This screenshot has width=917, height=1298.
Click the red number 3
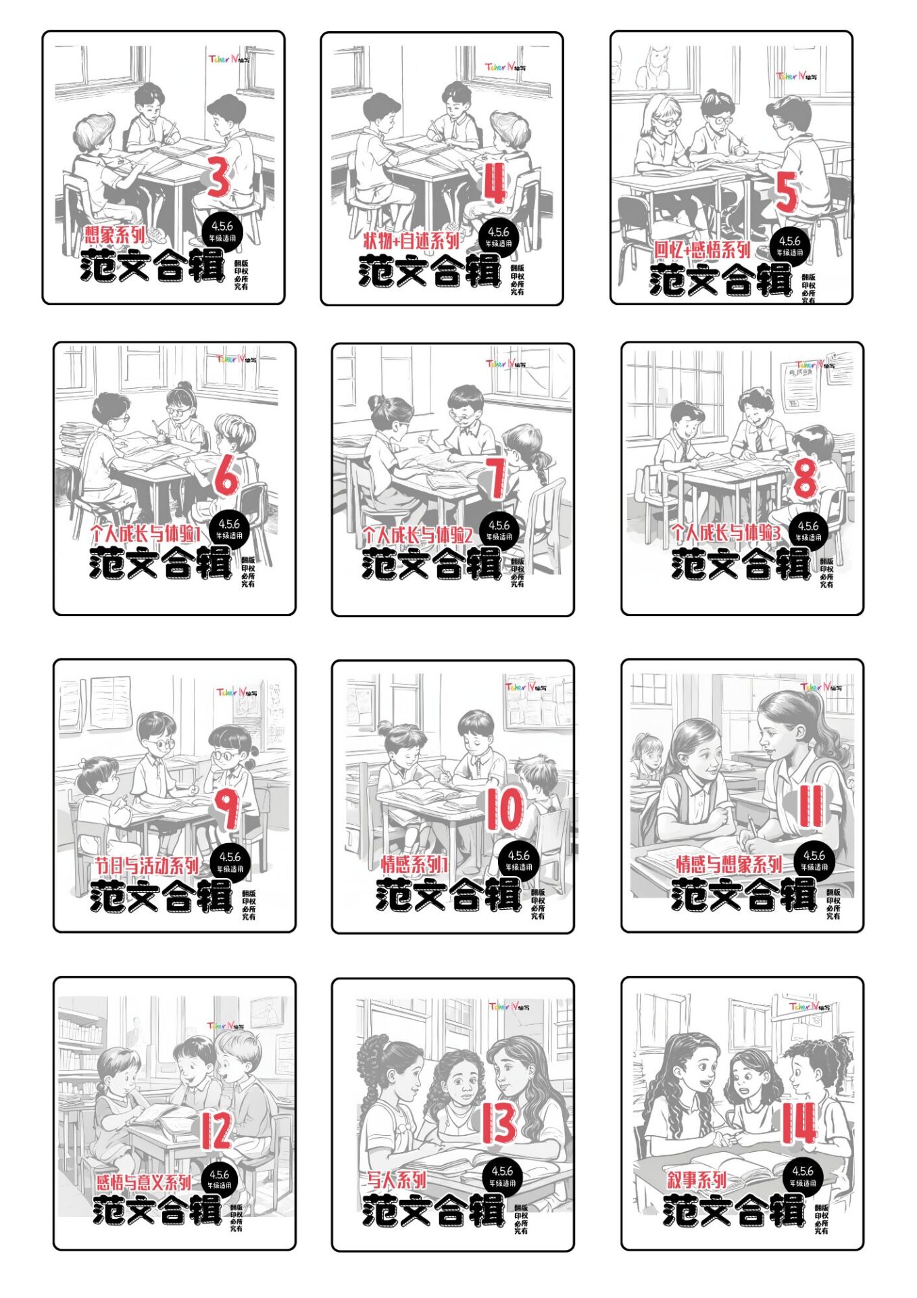click(x=219, y=177)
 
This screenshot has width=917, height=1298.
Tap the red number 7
click(x=496, y=478)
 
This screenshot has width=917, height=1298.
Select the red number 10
click(x=505, y=809)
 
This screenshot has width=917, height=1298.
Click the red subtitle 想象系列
click(x=115, y=235)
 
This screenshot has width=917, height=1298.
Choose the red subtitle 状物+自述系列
click(x=411, y=240)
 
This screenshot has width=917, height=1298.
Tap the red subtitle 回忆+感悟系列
click(x=701, y=249)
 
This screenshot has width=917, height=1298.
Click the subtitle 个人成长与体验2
click(x=417, y=535)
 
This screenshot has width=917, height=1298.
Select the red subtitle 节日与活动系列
click(x=147, y=865)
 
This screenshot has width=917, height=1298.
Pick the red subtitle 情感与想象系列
click(x=729, y=864)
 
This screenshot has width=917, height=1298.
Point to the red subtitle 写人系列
click(x=396, y=1180)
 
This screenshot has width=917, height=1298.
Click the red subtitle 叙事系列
click(x=697, y=1180)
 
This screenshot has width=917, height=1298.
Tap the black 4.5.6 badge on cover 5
click(x=789, y=245)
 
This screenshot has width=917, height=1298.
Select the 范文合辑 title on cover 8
click(x=741, y=564)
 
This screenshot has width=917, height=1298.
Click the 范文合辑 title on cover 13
click(x=433, y=1210)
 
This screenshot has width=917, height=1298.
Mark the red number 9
click(x=228, y=809)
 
